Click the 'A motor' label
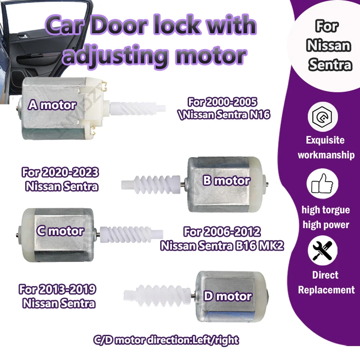point(52,105)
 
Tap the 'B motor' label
point(226,180)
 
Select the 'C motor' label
point(59,231)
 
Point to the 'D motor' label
point(227,296)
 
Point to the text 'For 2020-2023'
point(60,172)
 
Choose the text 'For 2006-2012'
point(222,232)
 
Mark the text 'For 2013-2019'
point(58,289)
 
